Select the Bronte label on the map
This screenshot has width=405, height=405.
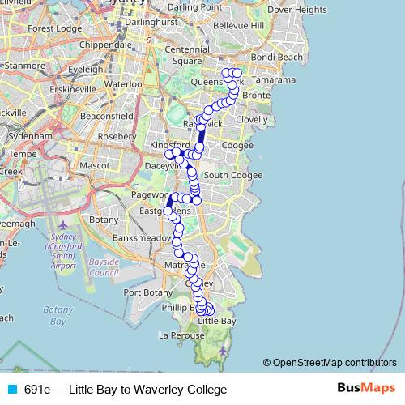click(x=255, y=95)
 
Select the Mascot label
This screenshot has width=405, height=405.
click(x=96, y=165)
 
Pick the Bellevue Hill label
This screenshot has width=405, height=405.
click(x=237, y=26)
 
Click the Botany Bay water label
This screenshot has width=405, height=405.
click(x=58, y=315)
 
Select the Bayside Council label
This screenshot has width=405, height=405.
click(x=104, y=267)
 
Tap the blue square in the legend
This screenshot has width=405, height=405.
click(x=11, y=389)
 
